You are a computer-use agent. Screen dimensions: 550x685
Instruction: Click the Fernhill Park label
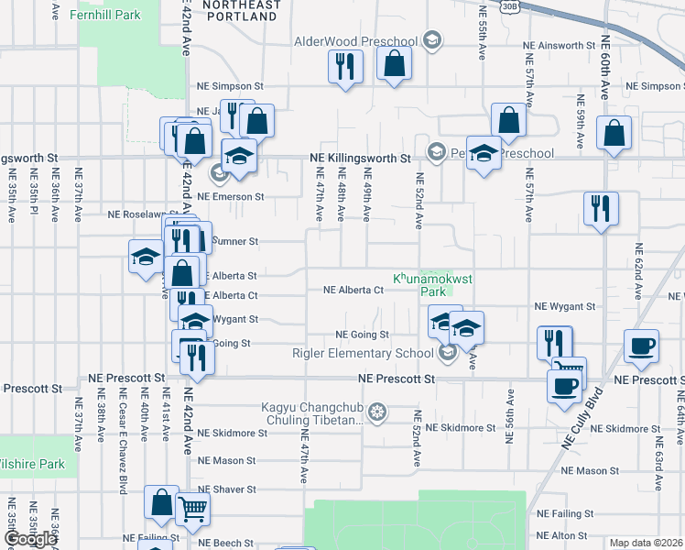coord(110,15)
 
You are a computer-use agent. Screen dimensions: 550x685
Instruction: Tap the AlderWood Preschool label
coord(355,41)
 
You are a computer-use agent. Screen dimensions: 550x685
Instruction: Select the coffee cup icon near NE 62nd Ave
coord(641,346)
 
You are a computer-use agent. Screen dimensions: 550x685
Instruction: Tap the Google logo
coord(30,539)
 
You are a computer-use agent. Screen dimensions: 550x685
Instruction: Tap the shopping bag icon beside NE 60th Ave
coord(614,132)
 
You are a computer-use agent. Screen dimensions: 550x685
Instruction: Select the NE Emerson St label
coord(230,196)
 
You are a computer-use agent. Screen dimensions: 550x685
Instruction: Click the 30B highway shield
coord(510,5)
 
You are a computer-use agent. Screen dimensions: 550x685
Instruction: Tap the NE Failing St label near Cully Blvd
coord(565,513)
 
